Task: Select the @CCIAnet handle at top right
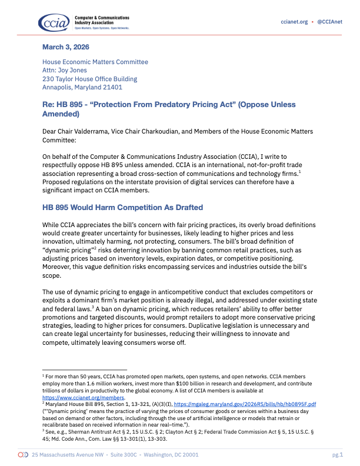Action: tap(330, 22)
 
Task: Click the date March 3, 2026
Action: tap(65, 46)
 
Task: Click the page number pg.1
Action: tap(337, 455)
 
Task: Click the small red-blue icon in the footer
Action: tap(23, 455)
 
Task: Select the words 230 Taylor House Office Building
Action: tap(89, 79)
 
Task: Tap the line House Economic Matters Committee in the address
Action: tap(95, 62)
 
